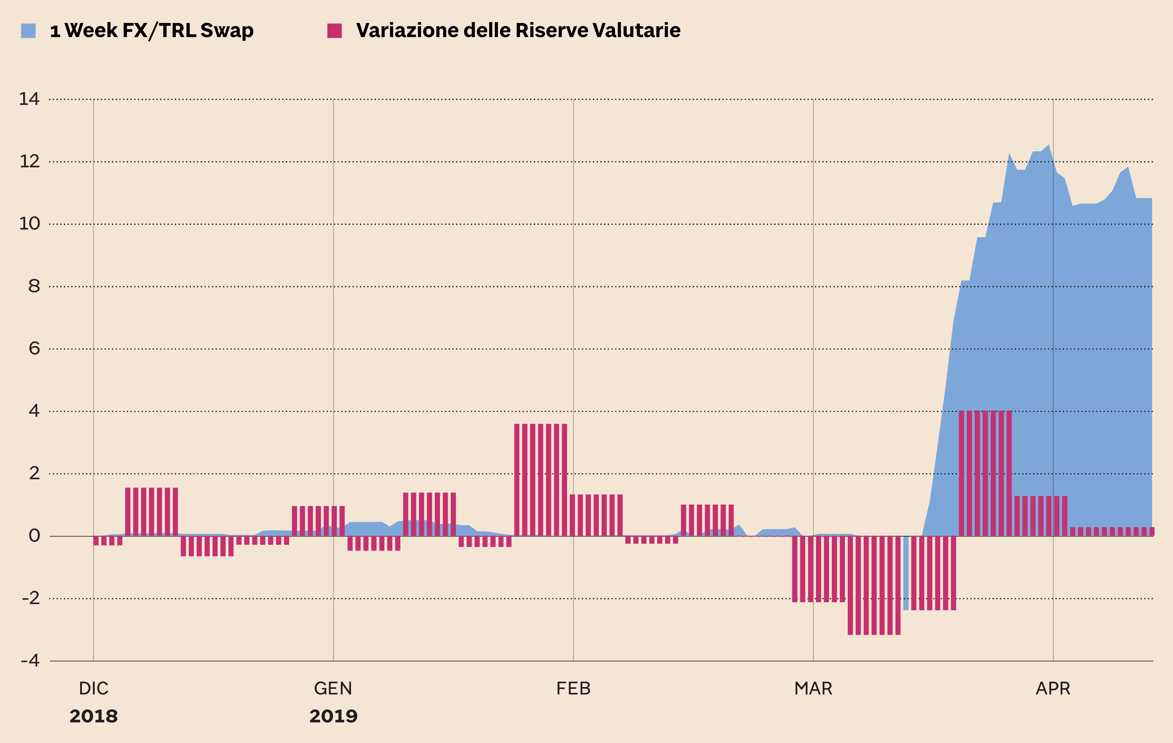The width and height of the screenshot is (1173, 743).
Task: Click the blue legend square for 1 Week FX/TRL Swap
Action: [28, 31]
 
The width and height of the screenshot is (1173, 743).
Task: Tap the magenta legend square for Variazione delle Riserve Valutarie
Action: [334, 31]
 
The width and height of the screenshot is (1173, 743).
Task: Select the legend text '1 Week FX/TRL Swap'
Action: [152, 31]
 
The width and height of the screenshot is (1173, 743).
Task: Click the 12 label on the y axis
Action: [29, 161]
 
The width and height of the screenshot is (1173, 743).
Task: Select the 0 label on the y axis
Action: [34, 536]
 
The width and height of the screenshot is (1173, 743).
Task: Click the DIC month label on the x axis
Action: [94, 688]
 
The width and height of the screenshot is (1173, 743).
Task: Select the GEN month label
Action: [333, 688]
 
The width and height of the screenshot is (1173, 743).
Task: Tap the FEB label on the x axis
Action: [573, 688]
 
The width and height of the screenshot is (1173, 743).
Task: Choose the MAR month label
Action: [813, 688]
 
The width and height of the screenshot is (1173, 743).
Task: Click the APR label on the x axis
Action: [1053, 688]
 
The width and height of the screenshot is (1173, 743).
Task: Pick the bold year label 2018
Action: [94, 716]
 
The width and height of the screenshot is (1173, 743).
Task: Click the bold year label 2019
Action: [333, 716]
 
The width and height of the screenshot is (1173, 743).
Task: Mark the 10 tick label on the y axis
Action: [29, 224]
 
